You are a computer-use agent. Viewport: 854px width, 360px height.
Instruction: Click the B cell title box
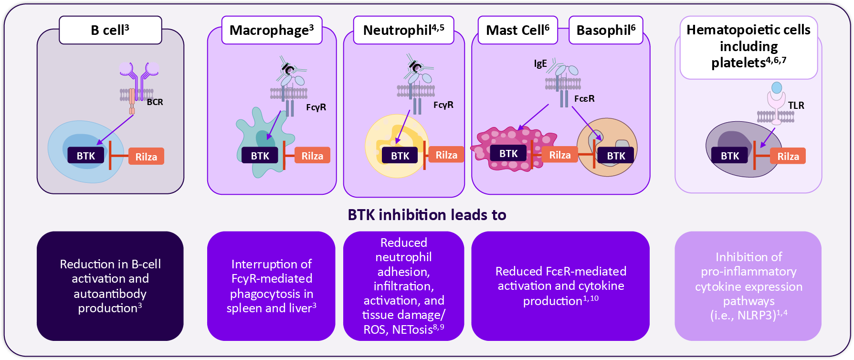click(x=110, y=30)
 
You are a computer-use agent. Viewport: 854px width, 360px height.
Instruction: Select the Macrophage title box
click(x=272, y=30)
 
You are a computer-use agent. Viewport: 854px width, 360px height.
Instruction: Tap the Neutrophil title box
click(x=403, y=30)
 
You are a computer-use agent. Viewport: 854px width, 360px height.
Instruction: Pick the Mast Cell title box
click(x=517, y=30)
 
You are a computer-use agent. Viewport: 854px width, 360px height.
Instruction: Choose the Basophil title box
click(x=606, y=30)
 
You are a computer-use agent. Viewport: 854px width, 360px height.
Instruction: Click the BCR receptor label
click(x=155, y=102)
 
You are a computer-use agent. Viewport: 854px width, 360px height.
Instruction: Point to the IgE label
click(x=540, y=64)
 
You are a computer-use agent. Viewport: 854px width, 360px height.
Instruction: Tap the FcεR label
click(x=584, y=99)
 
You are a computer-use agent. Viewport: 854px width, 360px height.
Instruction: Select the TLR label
click(x=796, y=106)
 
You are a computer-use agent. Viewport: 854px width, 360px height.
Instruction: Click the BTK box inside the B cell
click(x=86, y=156)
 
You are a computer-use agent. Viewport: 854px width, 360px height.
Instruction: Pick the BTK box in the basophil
click(x=616, y=156)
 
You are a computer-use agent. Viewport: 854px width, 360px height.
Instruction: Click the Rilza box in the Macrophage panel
click(x=312, y=156)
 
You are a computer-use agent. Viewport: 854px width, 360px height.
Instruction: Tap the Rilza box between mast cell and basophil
click(x=560, y=155)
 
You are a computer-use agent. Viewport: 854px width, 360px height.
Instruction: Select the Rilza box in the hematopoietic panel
click(x=788, y=156)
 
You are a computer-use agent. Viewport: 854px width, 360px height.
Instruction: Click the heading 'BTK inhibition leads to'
click(x=427, y=215)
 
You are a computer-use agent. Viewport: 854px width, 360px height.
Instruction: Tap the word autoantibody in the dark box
click(x=110, y=294)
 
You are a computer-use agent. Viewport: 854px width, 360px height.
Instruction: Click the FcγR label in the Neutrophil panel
click(x=443, y=105)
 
